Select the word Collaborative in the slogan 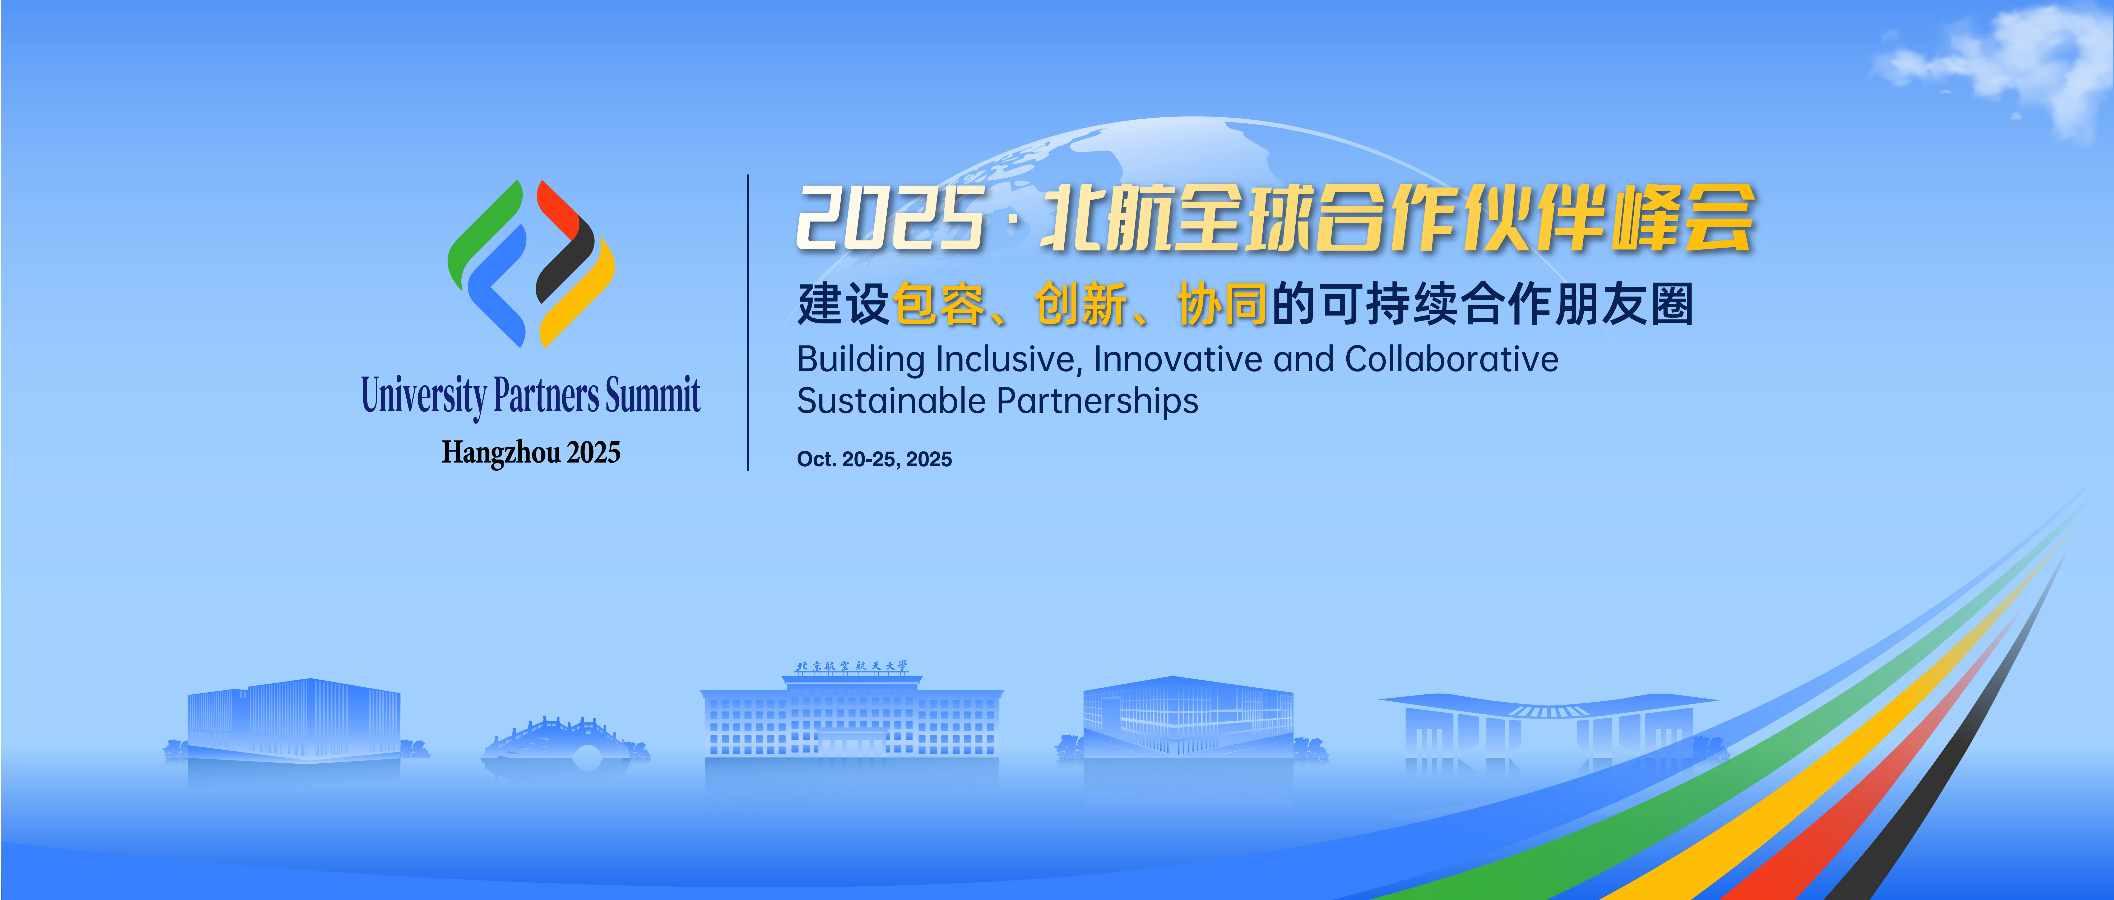pyautogui.click(x=1451, y=359)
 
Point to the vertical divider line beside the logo pyautogui.click(x=748, y=322)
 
